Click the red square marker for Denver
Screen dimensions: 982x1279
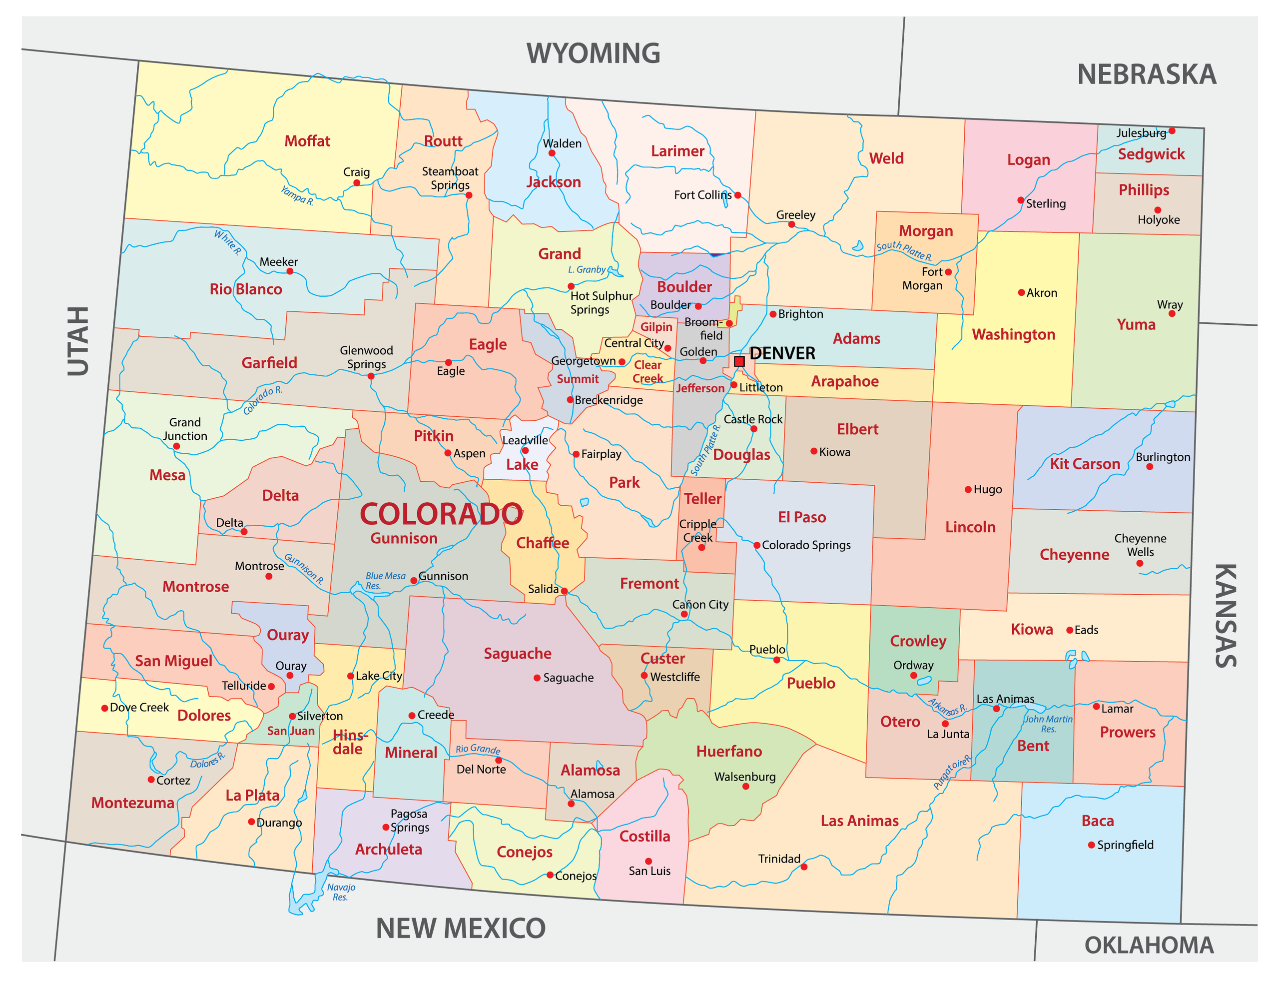point(739,361)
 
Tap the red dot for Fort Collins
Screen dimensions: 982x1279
point(738,195)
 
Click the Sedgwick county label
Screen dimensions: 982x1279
point(1151,154)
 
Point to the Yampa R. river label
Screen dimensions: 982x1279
point(297,195)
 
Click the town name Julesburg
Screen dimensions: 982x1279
point(1141,133)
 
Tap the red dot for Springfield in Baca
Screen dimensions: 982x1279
point(1091,845)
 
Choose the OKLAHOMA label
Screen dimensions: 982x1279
point(1149,945)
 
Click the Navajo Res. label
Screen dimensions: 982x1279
point(341,892)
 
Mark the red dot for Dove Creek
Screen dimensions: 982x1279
point(104,708)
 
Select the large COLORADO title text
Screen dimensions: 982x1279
point(441,514)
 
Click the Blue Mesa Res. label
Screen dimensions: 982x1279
point(385,580)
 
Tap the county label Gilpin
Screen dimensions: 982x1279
point(656,327)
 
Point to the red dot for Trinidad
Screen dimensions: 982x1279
point(804,867)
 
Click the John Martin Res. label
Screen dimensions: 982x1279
point(1048,724)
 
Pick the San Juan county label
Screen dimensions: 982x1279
point(290,731)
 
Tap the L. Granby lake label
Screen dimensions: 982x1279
point(587,269)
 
